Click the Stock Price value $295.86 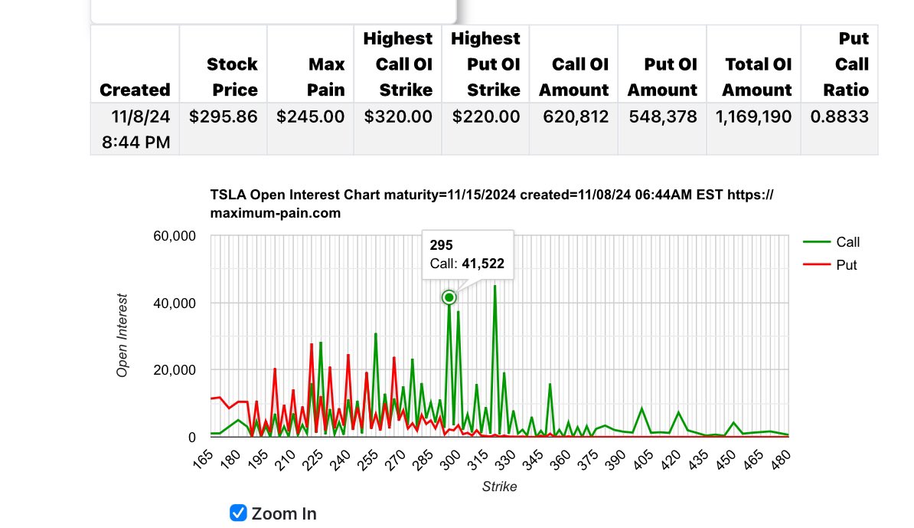click(x=224, y=117)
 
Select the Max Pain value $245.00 click(x=311, y=117)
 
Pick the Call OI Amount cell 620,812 click(x=573, y=117)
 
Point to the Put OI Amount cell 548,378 click(x=662, y=117)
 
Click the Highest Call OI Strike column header click(x=397, y=64)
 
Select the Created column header click(x=135, y=90)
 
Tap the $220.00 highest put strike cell click(x=485, y=117)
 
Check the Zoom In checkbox click(x=239, y=513)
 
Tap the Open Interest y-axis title click(x=122, y=336)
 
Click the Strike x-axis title click(x=499, y=487)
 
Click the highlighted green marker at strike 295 click(x=449, y=297)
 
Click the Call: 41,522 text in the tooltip click(x=467, y=264)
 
